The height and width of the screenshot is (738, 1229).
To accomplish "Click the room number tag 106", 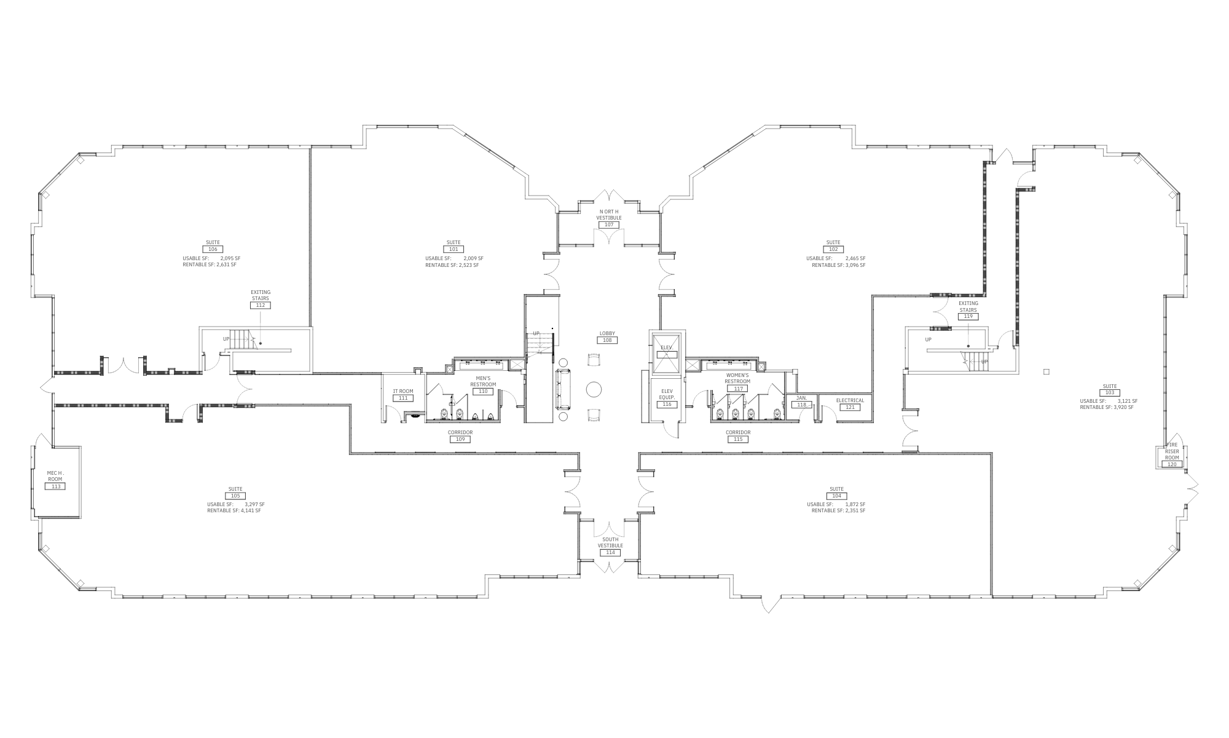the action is click(x=213, y=249).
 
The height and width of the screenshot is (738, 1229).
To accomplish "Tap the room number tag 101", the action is click(x=454, y=249).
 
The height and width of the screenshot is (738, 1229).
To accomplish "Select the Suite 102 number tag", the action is click(x=833, y=249).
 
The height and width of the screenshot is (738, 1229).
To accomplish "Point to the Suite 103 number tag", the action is click(x=1110, y=392).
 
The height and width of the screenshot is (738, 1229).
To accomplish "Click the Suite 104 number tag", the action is click(x=836, y=496).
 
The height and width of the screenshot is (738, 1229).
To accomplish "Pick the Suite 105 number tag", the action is click(x=235, y=496).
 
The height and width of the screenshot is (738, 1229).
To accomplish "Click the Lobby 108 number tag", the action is click(x=607, y=340).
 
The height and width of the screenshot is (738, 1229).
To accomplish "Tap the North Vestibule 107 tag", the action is click(x=609, y=224).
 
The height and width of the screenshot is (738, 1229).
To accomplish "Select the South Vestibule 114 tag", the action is click(x=610, y=552).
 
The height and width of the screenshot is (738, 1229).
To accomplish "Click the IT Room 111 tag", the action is click(x=403, y=398).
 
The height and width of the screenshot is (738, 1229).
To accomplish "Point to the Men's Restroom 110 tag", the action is click(x=483, y=391).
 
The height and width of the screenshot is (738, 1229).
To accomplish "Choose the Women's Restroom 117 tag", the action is click(x=737, y=389).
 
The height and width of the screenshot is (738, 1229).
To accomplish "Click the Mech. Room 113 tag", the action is click(x=55, y=486).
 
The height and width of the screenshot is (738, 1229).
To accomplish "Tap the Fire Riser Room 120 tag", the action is click(x=1172, y=464).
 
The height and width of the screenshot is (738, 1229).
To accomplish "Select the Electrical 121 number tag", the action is click(x=850, y=407).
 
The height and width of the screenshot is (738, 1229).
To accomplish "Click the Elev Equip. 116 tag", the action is click(x=667, y=404).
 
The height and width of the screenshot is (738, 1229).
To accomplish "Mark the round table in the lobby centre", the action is click(x=594, y=389).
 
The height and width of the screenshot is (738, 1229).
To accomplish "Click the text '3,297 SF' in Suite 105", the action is click(x=254, y=504).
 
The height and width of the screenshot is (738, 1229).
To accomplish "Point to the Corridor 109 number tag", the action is click(x=460, y=439).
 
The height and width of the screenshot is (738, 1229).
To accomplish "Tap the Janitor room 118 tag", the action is click(x=801, y=405).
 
